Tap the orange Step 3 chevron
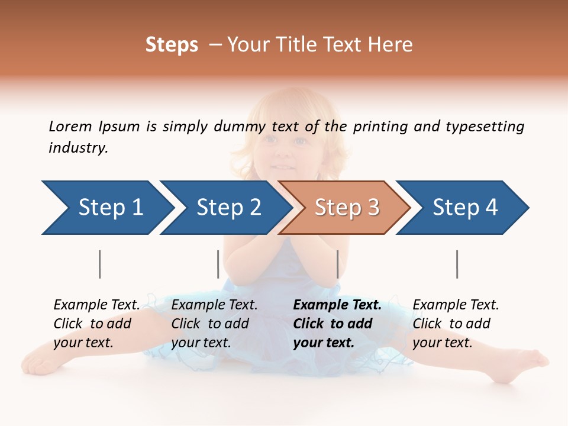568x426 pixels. click(x=346, y=208)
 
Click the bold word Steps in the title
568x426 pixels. click(x=172, y=45)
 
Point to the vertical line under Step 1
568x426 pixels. click(x=100, y=264)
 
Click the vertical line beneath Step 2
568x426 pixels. click(x=218, y=264)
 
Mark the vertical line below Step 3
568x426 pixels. click(x=337, y=264)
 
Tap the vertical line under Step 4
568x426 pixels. click(x=457, y=264)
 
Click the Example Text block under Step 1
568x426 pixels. click(x=96, y=324)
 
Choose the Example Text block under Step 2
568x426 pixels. click(x=214, y=324)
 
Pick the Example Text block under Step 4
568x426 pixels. click(x=456, y=324)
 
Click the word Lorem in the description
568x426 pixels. click(x=69, y=126)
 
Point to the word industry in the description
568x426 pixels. click(x=78, y=148)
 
